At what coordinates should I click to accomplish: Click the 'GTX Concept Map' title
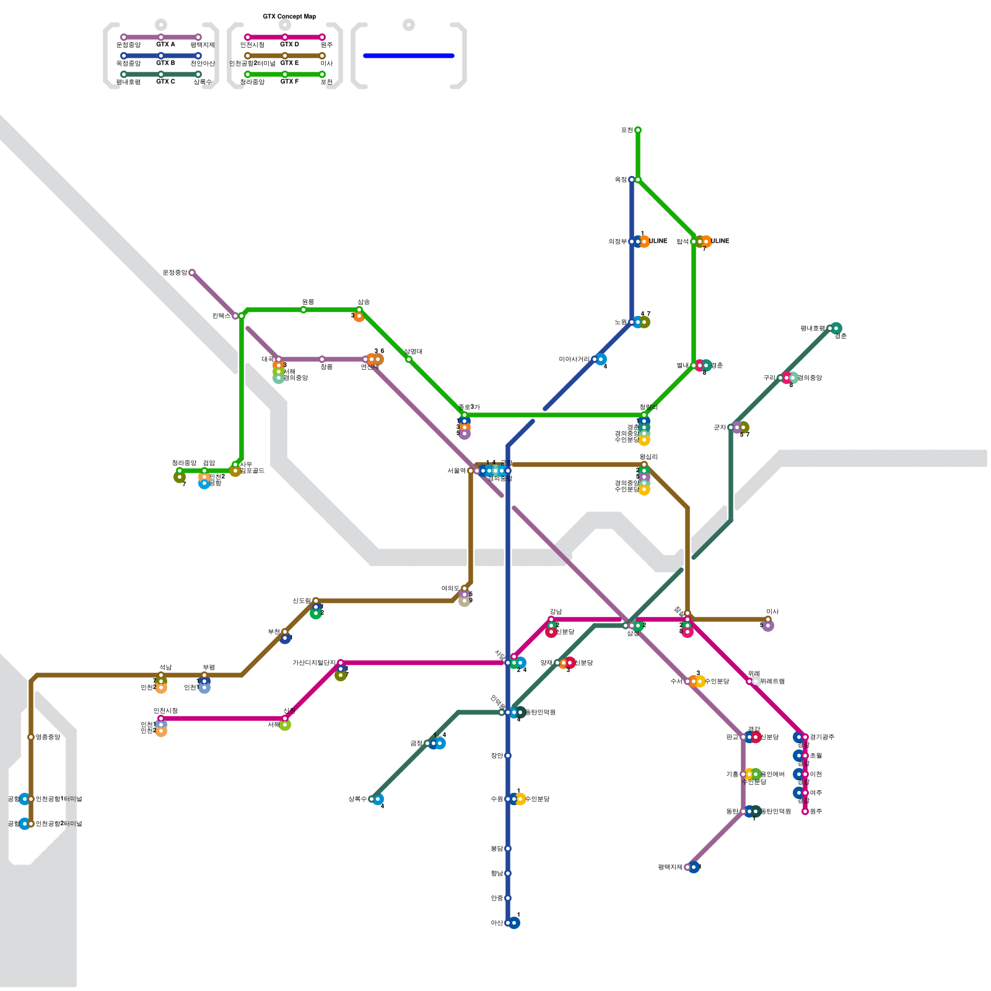click(x=289, y=17)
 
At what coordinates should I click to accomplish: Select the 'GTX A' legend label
click(x=165, y=45)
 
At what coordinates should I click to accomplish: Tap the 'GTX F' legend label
click(x=289, y=82)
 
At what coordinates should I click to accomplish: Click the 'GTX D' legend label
click(x=289, y=45)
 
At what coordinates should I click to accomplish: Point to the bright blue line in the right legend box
click(x=409, y=56)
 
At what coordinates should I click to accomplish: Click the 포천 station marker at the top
click(x=638, y=130)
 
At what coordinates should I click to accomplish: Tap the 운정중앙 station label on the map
click(x=175, y=273)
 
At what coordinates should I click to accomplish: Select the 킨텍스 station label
click(x=221, y=316)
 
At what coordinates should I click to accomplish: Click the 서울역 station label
click(x=456, y=471)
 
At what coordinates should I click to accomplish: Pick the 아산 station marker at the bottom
click(x=508, y=923)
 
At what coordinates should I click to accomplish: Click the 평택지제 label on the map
click(x=670, y=867)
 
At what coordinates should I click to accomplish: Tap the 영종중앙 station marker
click(x=31, y=737)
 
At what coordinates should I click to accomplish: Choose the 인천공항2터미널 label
click(x=59, y=824)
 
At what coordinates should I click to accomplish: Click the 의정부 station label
click(x=618, y=242)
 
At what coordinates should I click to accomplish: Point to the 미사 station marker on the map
click(x=768, y=619)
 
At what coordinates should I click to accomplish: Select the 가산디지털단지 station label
click(x=314, y=663)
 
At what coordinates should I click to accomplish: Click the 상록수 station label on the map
click(x=357, y=799)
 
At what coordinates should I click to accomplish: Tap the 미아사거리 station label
click(x=574, y=359)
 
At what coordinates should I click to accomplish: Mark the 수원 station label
click(x=497, y=799)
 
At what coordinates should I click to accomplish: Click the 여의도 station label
click(x=450, y=588)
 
